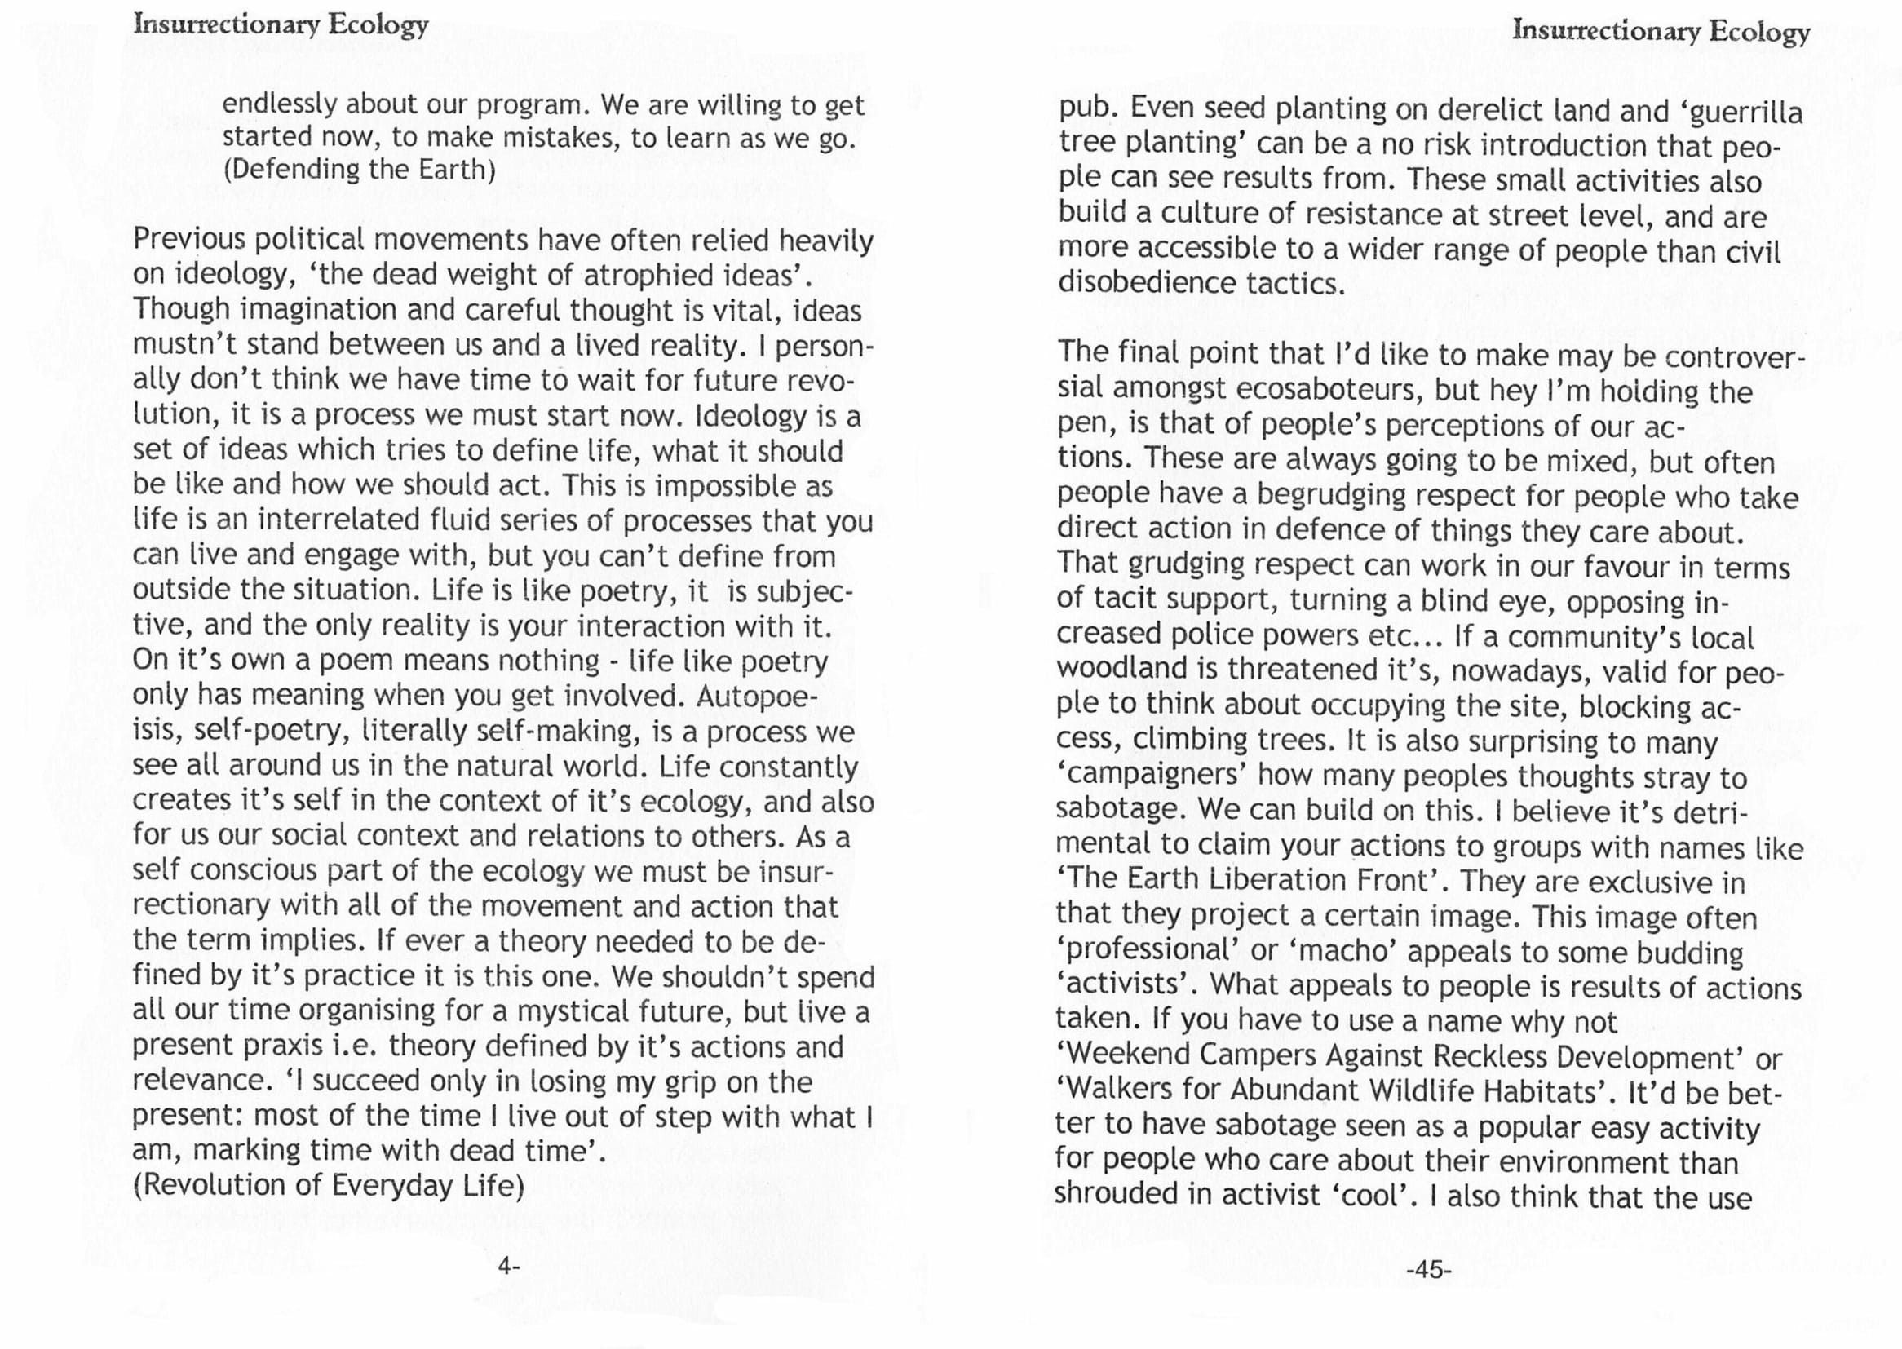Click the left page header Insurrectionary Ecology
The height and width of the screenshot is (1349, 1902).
pyautogui.click(x=281, y=25)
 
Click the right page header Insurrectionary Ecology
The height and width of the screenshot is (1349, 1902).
pyautogui.click(x=1661, y=31)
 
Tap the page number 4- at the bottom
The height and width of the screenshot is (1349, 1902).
pyautogui.click(x=508, y=1266)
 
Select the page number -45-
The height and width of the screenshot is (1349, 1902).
pyautogui.click(x=1429, y=1270)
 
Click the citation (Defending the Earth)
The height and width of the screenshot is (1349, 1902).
pyautogui.click(x=359, y=170)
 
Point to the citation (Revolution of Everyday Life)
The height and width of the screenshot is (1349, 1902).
pyautogui.click(x=329, y=1185)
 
